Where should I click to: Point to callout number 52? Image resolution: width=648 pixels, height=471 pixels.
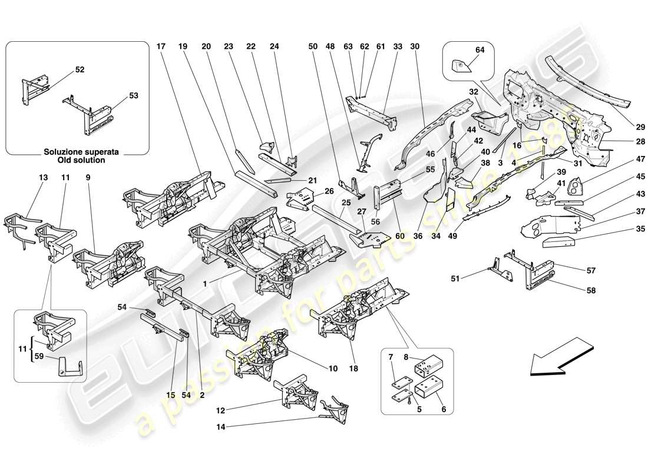click(x=80, y=70)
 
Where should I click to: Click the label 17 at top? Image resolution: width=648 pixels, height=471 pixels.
click(x=161, y=47)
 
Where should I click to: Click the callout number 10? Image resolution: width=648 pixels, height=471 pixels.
click(x=333, y=369)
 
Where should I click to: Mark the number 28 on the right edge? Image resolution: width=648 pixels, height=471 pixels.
click(x=624, y=141)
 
